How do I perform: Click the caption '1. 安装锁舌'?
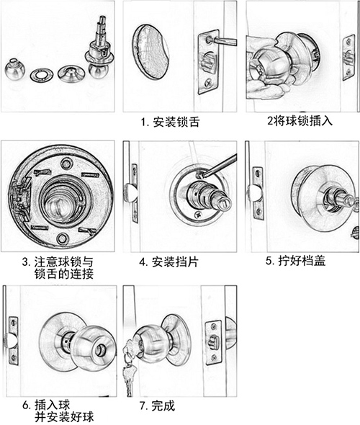click(x=171, y=122)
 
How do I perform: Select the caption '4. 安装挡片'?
click(x=170, y=261)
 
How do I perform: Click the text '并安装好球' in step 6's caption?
click(x=65, y=417)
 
